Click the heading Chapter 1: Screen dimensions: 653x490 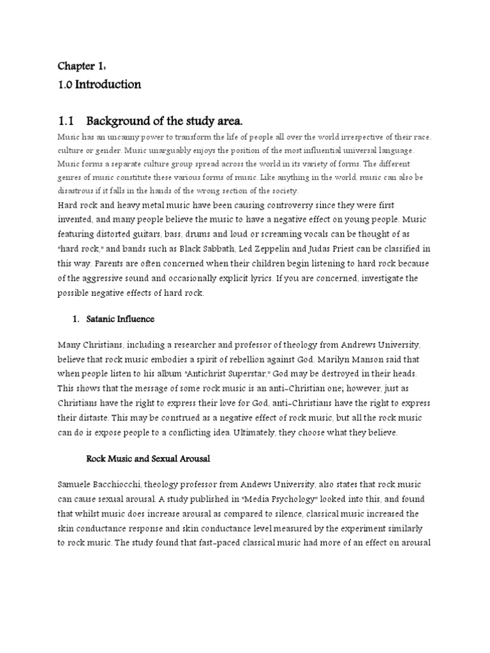point(77,66)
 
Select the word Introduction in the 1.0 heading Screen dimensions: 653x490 point(109,84)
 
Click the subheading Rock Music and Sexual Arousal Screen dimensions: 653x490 point(149,459)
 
